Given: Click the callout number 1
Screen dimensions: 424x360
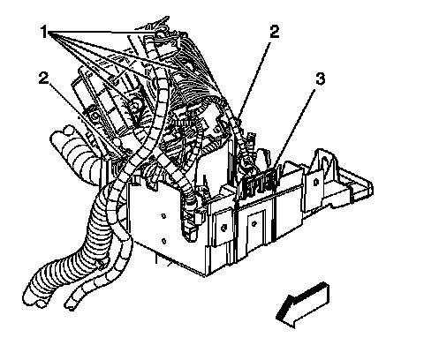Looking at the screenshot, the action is [x=44, y=32].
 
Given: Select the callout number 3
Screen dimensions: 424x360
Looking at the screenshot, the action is [x=320, y=79].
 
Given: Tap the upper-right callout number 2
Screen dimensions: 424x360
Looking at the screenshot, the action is [x=274, y=32].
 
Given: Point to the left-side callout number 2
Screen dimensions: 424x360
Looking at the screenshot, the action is [x=43, y=78].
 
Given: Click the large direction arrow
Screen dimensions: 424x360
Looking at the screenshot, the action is [x=302, y=305].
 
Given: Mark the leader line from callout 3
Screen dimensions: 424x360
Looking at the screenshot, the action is [x=295, y=129].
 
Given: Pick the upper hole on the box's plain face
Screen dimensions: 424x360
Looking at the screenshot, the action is [x=163, y=216].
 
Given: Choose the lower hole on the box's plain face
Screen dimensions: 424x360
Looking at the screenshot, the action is [x=163, y=241].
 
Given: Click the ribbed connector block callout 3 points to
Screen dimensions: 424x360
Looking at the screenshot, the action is [x=261, y=184].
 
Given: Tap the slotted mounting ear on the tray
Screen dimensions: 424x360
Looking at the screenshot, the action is [x=324, y=161].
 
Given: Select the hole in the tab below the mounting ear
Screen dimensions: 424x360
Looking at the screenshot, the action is [x=316, y=183].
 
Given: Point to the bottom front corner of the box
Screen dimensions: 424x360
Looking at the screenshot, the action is [x=205, y=275].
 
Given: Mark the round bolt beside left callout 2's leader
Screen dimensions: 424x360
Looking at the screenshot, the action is [x=95, y=116].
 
